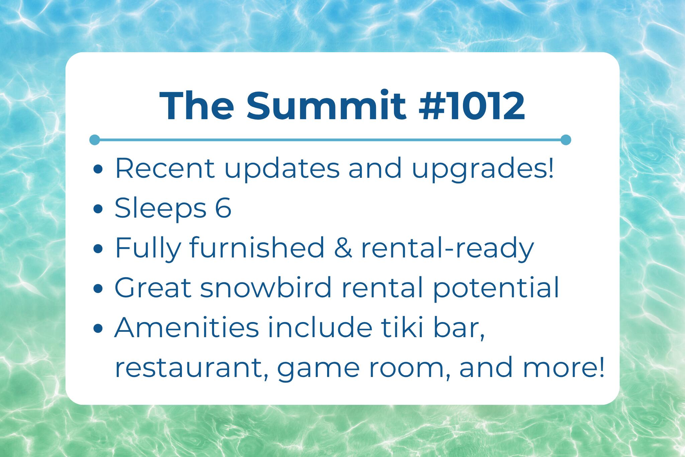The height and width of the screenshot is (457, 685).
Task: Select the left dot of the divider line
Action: point(95,140)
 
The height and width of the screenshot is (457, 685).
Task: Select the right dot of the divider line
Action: point(566,140)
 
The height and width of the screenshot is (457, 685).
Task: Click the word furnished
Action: point(257,248)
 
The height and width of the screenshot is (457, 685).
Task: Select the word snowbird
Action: point(265,288)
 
